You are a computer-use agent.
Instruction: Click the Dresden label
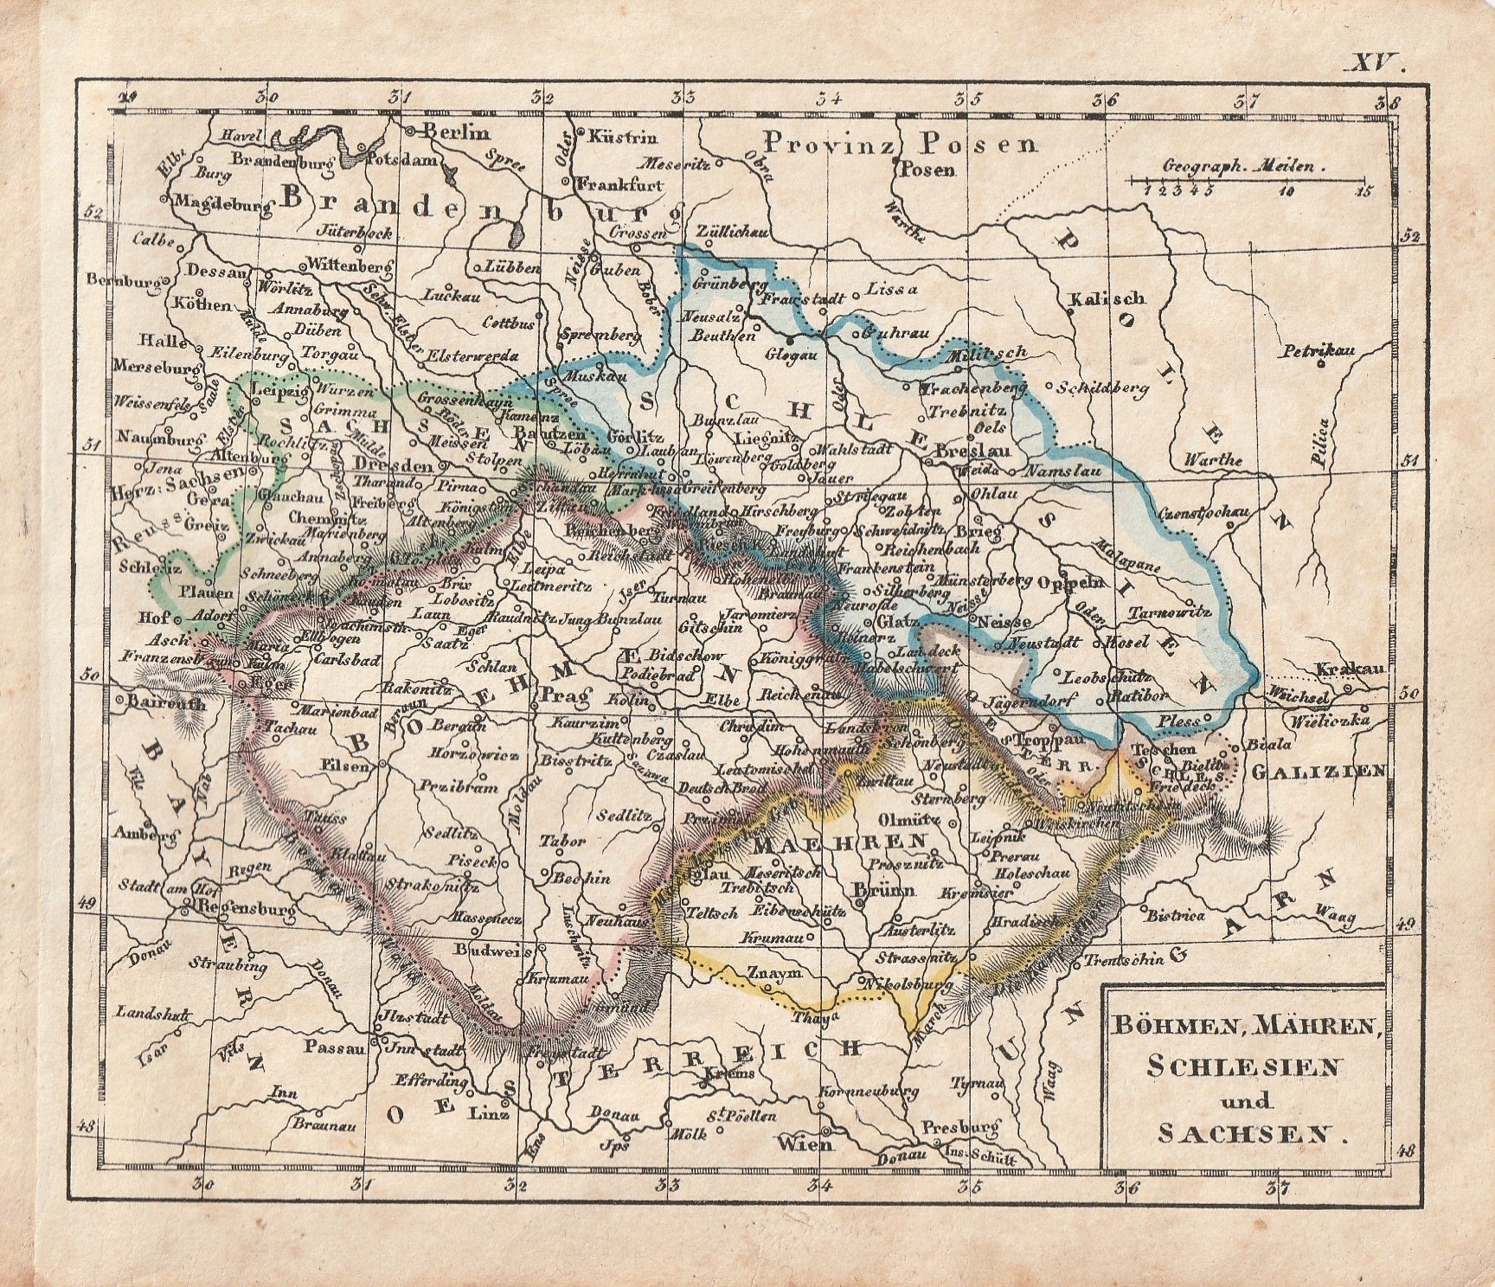tap(393, 464)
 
